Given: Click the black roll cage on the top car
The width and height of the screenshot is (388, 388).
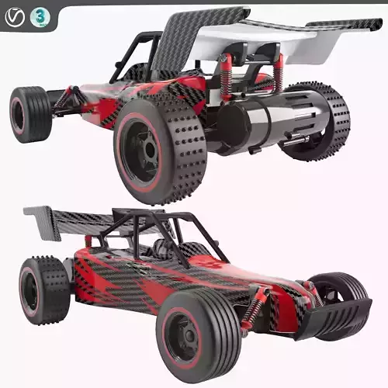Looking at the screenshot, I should click(x=136, y=54).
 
